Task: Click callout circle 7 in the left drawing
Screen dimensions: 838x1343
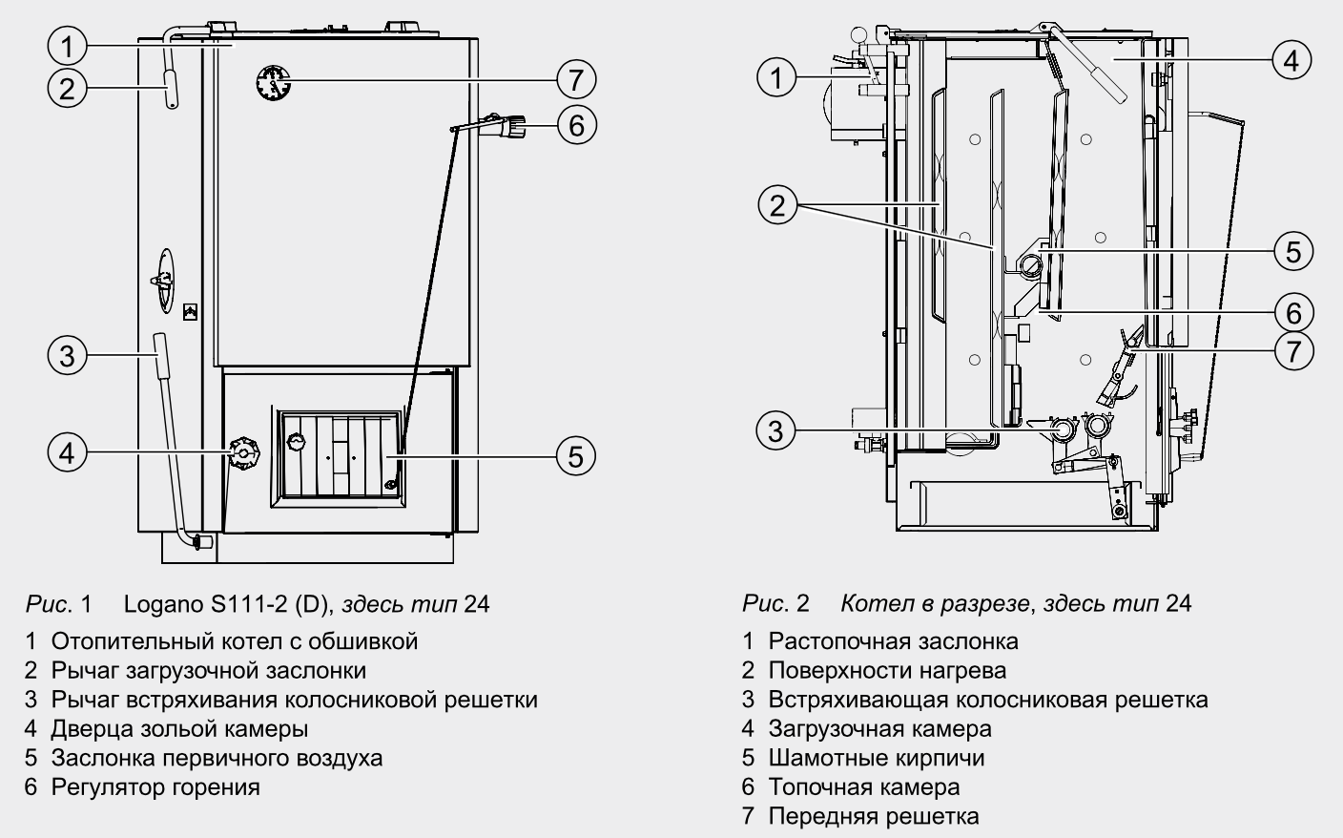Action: (x=575, y=79)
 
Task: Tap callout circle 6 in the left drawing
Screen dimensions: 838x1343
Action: (x=575, y=125)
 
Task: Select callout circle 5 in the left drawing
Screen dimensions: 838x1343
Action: (x=575, y=455)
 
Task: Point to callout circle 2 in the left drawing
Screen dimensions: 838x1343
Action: (x=67, y=89)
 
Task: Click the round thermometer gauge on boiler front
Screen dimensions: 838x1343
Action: (x=274, y=83)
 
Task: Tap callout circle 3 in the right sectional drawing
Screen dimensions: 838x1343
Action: (x=776, y=430)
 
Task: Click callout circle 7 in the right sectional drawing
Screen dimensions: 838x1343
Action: (x=1292, y=350)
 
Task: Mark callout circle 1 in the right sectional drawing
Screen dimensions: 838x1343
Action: (x=777, y=76)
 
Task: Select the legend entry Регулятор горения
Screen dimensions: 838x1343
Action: (x=155, y=787)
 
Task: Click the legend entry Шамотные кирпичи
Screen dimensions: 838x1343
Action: (x=876, y=758)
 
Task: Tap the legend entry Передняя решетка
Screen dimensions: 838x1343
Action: (x=873, y=816)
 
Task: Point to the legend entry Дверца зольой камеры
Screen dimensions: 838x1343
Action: (x=179, y=729)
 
